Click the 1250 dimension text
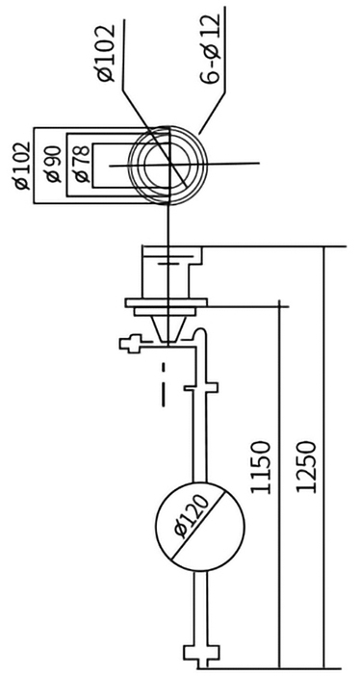point(306,467)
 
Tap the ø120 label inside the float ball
point(199,523)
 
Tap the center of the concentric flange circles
point(168,164)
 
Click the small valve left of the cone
point(128,342)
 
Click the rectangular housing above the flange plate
point(171,272)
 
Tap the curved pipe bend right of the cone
point(199,336)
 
